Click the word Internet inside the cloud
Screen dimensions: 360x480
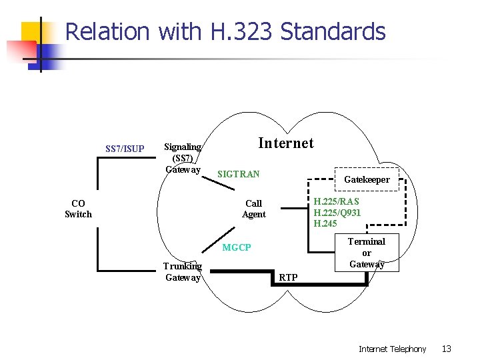pos(285,143)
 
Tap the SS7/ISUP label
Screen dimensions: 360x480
pos(125,149)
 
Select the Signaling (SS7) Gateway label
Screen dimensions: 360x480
pos(183,158)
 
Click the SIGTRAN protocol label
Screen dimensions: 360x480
pos(238,174)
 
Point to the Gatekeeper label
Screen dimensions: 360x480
pos(367,179)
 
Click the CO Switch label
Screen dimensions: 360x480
pos(78,209)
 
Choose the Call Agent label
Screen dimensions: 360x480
pos(253,209)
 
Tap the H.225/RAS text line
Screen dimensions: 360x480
pos(336,202)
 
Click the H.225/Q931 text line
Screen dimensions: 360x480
pos(337,213)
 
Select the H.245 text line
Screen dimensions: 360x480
pos(325,223)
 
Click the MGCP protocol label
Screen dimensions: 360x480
pos(237,247)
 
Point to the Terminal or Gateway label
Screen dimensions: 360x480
pos(367,253)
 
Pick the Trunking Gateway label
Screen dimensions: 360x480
pos(183,272)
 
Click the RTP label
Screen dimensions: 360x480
pos(289,277)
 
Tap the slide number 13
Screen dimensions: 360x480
pos(447,349)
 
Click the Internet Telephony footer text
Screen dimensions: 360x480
pos(392,349)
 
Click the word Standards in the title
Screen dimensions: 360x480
pos(333,31)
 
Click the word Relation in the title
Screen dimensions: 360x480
pos(108,31)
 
